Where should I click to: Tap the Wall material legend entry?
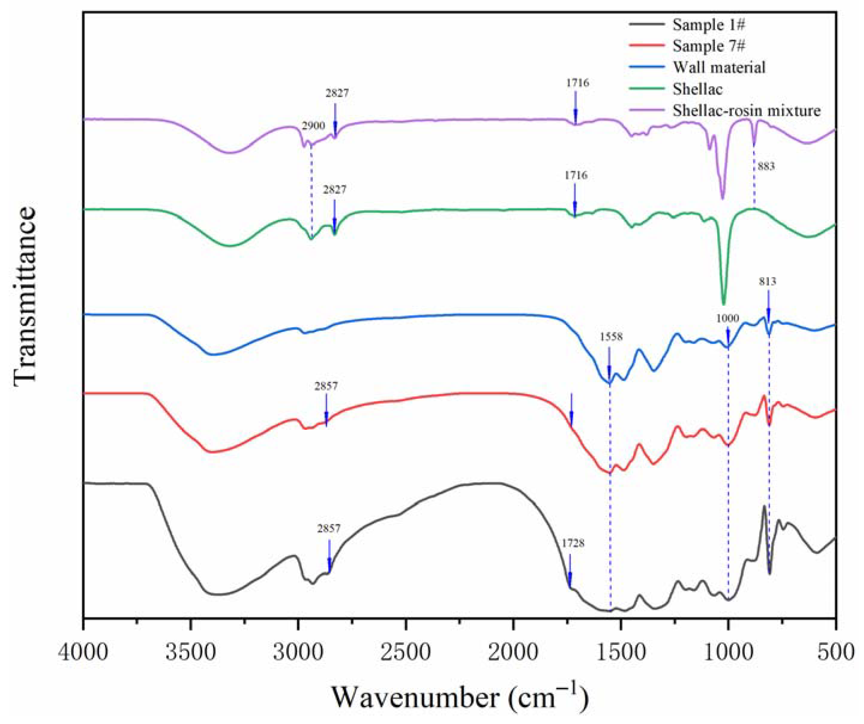[x=719, y=67]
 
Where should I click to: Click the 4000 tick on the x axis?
[x=84, y=653]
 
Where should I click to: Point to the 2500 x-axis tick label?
[x=406, y=653]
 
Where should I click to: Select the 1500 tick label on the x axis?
[x=620, y=653]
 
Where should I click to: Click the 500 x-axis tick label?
[x=835, y=653]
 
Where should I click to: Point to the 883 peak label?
[x=766, y=166]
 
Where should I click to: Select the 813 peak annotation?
[x=768, y=282]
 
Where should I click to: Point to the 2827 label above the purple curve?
[x=337, y=93]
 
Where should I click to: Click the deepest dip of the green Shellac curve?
[x=724, y=304]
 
